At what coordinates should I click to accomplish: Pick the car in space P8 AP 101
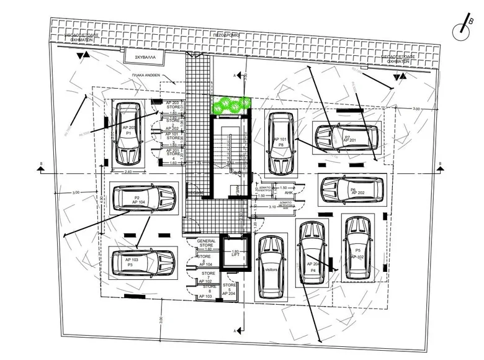coord(280,143)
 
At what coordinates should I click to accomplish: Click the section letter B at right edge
coord(439,165)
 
